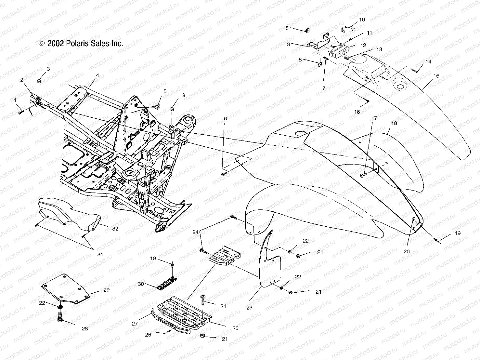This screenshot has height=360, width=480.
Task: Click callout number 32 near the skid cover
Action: coord(115,229)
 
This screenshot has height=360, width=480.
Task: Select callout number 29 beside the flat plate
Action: coord(106,289)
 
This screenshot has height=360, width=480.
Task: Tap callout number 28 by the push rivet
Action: coord(84,328)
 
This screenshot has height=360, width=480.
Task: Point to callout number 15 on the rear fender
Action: coord(436,76)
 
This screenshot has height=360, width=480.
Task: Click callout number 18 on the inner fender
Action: coord(394,123)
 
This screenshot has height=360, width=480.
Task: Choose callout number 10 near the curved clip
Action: coord(362,20)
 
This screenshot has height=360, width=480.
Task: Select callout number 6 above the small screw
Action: coord(226,119)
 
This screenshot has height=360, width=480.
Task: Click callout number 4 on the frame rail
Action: coord(97,75)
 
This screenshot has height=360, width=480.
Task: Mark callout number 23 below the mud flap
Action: coord(249,307)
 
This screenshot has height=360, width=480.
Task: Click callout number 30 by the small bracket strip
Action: coord(141,284)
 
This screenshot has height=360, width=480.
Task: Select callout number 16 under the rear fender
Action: coord(357,112)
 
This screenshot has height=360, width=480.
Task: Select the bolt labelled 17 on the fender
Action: coord(363,175)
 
